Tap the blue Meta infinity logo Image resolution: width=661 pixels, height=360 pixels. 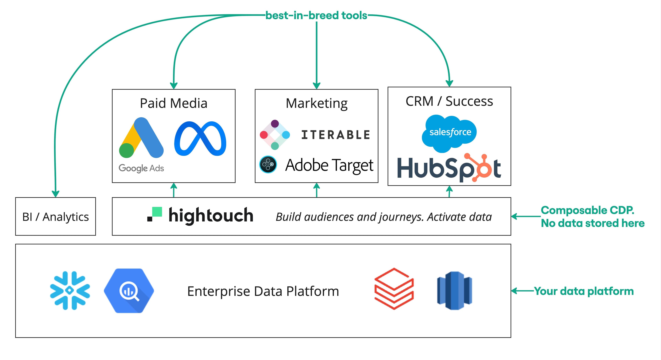(200, 139)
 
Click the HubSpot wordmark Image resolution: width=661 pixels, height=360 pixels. (449, 168)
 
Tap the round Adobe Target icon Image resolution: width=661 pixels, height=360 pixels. (268, 164)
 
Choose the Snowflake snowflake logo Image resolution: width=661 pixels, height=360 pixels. (70, 290)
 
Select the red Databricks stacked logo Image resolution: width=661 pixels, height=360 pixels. (394, 289)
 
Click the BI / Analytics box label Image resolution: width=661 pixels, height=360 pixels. (55, 217)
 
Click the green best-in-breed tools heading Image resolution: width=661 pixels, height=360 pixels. (316, 15)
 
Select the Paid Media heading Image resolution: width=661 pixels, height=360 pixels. (174, 103)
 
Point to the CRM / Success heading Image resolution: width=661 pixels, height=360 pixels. (449, 101)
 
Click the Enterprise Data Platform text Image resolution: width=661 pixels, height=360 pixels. (263, 291)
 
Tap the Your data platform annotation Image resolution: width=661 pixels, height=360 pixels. (584, 291)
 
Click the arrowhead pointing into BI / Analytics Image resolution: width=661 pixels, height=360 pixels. (55, 194)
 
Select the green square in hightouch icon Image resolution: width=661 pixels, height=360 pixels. (157, 212)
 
